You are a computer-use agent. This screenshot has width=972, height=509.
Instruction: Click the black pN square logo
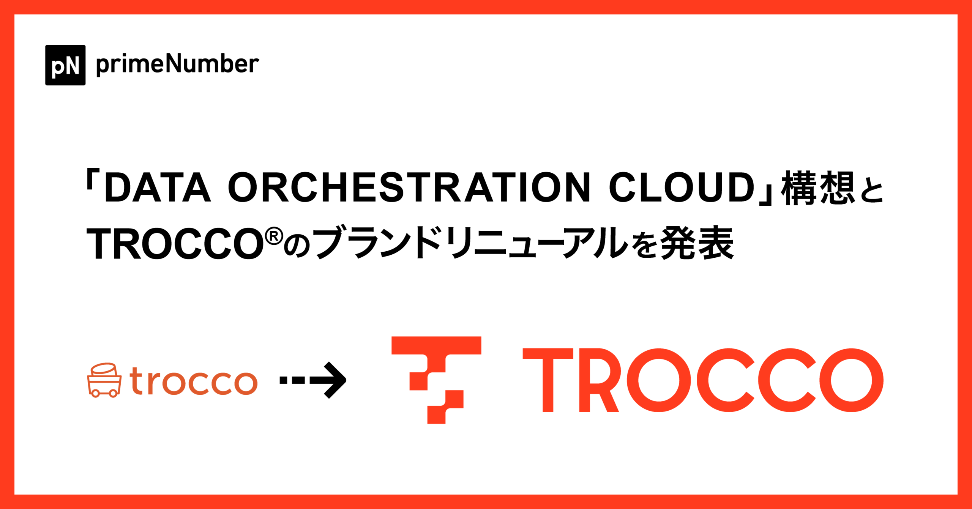pyautogui.click(x=65, y=65)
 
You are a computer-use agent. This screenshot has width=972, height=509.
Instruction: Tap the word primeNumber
pyautogui.click(x=177, y=64)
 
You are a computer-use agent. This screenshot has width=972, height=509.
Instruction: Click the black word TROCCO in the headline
pyautogui.click(x=175, y=244)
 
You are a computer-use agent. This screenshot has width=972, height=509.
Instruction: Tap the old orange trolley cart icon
pyautogui.click(x=104, y=380)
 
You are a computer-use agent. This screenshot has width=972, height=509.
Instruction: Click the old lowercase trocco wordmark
pyautogui.click(x=193, y=381)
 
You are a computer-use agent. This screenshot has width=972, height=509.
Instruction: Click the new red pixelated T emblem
pyautogui.click(x=437, y=380)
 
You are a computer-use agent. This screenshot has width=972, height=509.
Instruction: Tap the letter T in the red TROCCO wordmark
pyautogui.click(x=548, y=380)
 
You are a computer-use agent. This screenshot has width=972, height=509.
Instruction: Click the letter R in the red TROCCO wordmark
pyautogui.click(x=598, y=380)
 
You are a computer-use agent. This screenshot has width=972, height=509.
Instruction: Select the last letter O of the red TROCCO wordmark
pyautogui.click(x=851, y=380)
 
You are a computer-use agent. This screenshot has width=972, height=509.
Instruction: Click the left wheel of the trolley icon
pyautogui.click(x=95, y=394)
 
